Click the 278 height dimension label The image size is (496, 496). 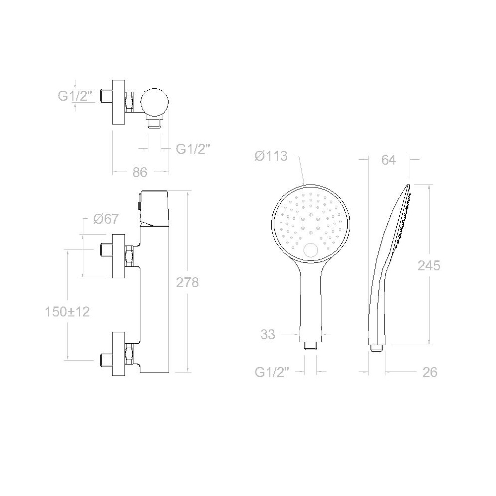(x=187, y=283)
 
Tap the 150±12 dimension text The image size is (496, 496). (x=67, y=312)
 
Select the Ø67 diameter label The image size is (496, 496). (x=106, y=219)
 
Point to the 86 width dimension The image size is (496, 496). (x=140, y=173)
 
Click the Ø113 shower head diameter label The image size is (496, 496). (x=271, y=156)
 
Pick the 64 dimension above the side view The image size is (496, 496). (x=388, y=160)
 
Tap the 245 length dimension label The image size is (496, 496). (x=429, y=265)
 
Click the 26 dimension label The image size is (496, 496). (x=430, y=372)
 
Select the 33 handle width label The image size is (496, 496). (x=268, y=334)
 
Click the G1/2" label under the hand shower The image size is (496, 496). (x=272, y=372)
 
